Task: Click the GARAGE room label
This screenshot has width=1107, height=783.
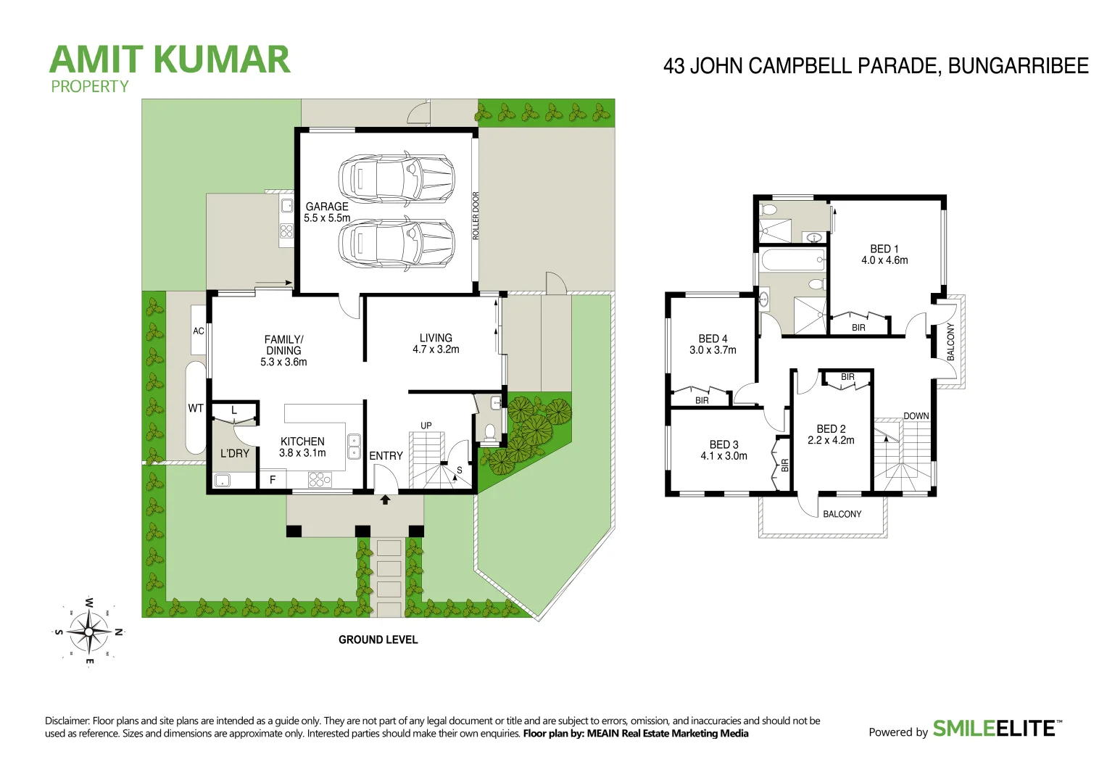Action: click(x=327, y=207)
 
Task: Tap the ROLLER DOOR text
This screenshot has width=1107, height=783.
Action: click(x=476, y=215)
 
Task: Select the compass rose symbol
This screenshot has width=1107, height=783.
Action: click(x=88, y=631)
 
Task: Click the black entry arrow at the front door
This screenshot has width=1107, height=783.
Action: click(x=385, y=500)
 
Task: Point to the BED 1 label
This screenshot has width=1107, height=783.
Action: click(x=884, y=249)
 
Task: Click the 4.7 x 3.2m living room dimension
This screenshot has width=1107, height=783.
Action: click(x=436, y=349)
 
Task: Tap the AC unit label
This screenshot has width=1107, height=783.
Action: click(x=199, y=331)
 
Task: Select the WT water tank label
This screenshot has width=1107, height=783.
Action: click(x=196, y=408)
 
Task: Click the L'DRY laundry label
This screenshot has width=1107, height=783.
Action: click(x=235, y=454)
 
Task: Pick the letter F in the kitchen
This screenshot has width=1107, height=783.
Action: click(x=273, y=479)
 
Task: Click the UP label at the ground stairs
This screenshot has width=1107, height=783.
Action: click(x=426, y=426)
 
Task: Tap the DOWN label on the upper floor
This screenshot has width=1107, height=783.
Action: click(x=916, y=416)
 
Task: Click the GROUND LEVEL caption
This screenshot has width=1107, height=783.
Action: click(x=378, y=639)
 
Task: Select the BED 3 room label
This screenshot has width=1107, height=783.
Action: click(x=724, y=444)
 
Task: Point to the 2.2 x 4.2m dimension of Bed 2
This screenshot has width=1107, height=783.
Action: click(x=831, y=440)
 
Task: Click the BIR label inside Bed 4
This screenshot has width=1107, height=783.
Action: click(x=702, y=400)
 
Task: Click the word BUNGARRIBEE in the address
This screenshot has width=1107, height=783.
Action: click(x=1018, y=66)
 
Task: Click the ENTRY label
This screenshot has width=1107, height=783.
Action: click(x=386, y=456)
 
